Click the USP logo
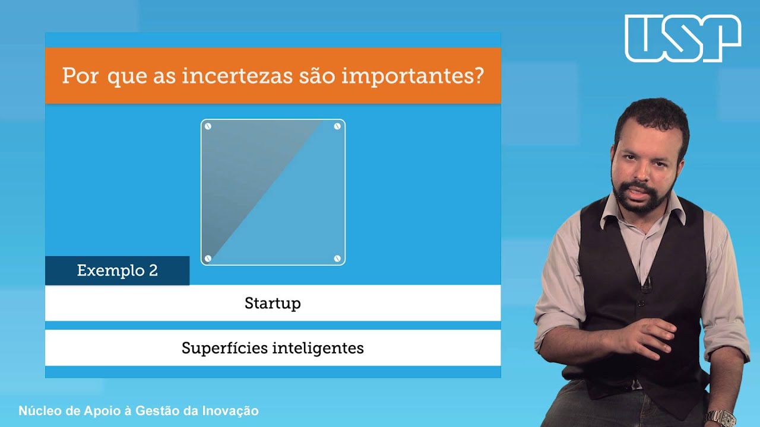683,38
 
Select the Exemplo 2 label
118,271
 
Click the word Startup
273,304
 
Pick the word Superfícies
224,348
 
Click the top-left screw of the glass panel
208,126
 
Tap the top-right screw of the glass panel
337,126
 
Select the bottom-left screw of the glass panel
208,258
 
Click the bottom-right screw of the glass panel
337,258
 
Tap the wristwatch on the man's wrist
720,417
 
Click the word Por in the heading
80,77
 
